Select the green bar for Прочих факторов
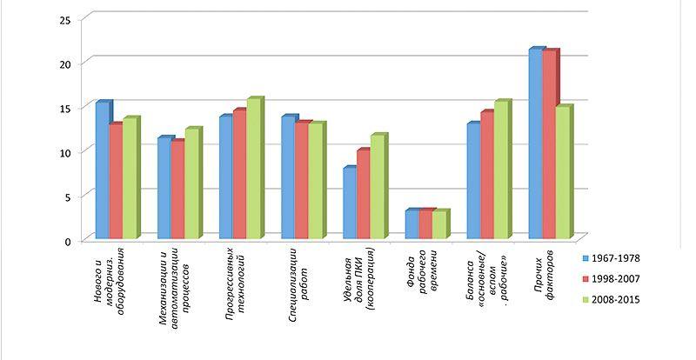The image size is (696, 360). [562, 173]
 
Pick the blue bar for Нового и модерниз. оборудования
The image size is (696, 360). [102, 170]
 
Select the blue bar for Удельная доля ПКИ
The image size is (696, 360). [349, 203]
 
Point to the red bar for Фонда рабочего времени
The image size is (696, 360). [425, 224]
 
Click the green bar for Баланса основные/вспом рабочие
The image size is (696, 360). [500, 170]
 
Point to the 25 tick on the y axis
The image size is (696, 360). [64, 19]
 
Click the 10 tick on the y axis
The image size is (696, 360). [64, 152]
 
